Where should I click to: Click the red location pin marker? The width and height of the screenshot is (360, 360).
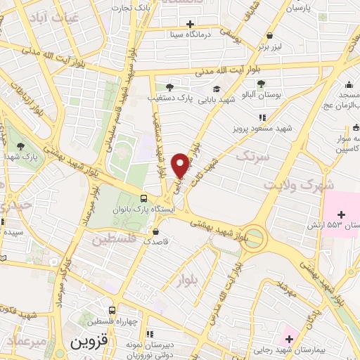(182, 165)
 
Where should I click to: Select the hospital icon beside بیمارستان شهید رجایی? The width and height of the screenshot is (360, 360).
(288, 330)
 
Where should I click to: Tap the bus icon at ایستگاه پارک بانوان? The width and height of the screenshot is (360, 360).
(144, 198)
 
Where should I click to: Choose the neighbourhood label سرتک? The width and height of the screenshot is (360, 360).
(254, 157)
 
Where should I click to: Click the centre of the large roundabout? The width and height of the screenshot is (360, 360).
(253, 236)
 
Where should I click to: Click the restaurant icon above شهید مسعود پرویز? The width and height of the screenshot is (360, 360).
(262, 117)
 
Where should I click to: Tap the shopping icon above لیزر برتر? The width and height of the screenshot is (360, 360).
(270, 34)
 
